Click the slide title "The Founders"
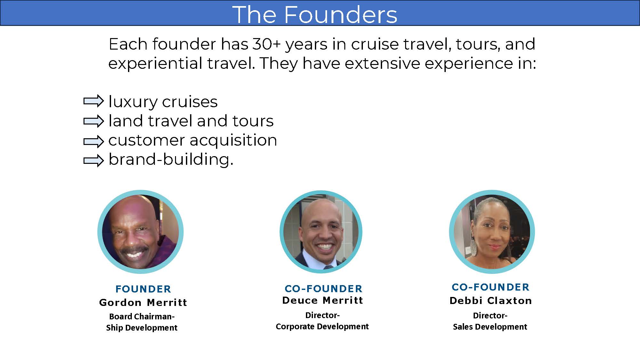[x=315, y=14]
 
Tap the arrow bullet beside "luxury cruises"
[x=94, y=101]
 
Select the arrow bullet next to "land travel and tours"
[x=94, y=121]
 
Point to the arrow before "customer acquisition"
[x=94, y=141]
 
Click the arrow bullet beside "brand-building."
[x=94, y=160]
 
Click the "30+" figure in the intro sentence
[x=267, y=44]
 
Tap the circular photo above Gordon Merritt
[x=140, y=232]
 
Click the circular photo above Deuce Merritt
[x=321, y=232]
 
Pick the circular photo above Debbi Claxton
[x=492, y=232]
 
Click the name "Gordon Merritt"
[x=143, y=302]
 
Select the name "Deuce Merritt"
[x=323, y=300]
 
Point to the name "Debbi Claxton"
[x=491, y=300]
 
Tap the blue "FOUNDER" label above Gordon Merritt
[x=143, y=289]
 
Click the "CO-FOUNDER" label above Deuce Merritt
[x=324, y=289]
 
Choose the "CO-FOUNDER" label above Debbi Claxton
[x=491, y=287]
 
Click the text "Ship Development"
[x=142, y=328]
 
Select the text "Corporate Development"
[x=322, y=326]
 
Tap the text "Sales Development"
[x=490, y=327]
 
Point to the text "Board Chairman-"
[x=142, y=316]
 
